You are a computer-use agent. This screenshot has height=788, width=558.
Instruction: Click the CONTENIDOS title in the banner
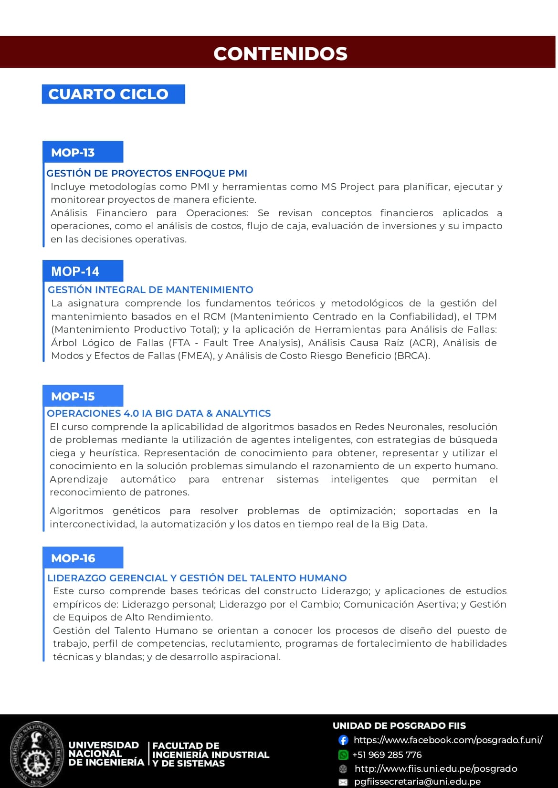[x=280, y=53]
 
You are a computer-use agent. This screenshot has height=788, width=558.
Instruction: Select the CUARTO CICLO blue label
[x=108, y=94]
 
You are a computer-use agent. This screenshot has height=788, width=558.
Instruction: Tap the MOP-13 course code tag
[x=73, y=153]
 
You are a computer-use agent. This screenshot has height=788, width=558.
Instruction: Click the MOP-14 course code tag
[x=75, y=272]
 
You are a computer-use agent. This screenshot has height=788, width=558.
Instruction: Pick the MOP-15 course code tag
[x=73, y=397]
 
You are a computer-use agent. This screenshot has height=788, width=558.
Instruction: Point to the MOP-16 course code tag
[x=73, y=558]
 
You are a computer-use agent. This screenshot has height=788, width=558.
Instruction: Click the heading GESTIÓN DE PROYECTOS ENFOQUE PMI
[x=147, y=173]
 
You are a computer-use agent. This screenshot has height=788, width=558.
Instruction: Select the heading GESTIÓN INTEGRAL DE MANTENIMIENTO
[x=150, y=290]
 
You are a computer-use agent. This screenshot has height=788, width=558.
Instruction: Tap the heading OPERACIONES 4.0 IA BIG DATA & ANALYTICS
[x=159, y=413]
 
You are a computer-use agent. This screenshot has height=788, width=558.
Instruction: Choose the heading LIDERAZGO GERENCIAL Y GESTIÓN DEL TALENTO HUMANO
[x=197, y=578]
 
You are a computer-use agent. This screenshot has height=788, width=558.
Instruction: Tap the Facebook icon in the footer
[x=343, y=740]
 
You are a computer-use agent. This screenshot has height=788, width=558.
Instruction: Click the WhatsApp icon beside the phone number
[x=343, y=755]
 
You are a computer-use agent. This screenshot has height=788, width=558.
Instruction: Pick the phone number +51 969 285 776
[x=387, y=755]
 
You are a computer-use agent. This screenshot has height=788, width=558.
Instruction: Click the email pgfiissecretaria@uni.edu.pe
[x=417, y=782]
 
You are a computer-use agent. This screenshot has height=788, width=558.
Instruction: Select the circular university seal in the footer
[x=36, y=754]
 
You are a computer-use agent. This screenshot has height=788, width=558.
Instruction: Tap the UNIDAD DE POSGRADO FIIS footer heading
[x=399, y=726]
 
